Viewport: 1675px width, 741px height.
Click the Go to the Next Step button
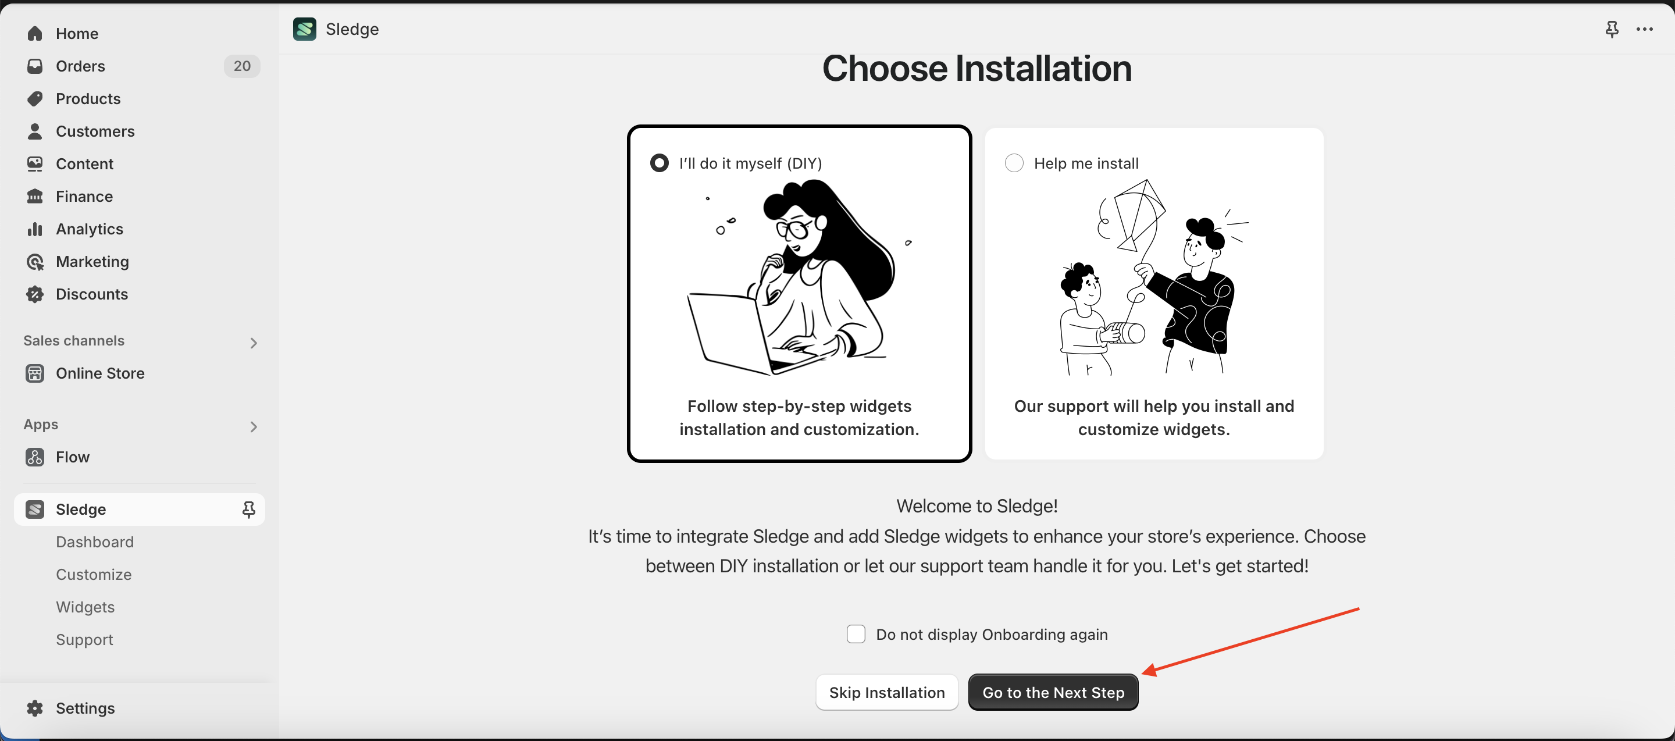(x=1053, y=692)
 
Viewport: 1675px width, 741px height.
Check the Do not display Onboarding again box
(x=856, y=634)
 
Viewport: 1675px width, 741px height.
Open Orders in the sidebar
(x=80, y=66)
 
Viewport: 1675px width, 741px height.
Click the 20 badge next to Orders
(x=242, y=66)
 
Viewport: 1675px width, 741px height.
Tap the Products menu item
(x=88, y=98)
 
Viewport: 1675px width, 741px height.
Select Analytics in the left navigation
(x=89, y=229)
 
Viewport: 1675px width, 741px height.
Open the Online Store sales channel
(x=99, y=373)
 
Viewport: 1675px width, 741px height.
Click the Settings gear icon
(x=35, y=708)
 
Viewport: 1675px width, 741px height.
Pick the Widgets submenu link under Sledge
(x=85, y=607)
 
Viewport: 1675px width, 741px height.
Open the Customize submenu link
(x=94, y=574)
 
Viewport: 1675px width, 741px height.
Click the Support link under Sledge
(x=84, y=639)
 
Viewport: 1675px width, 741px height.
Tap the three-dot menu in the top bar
(x=1644, y=28)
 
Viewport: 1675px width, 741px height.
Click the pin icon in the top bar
(x=1612, y=29)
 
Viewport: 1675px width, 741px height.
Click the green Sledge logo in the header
(x=304, y=28)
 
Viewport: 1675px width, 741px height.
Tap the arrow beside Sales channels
(x=254, y=343)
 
